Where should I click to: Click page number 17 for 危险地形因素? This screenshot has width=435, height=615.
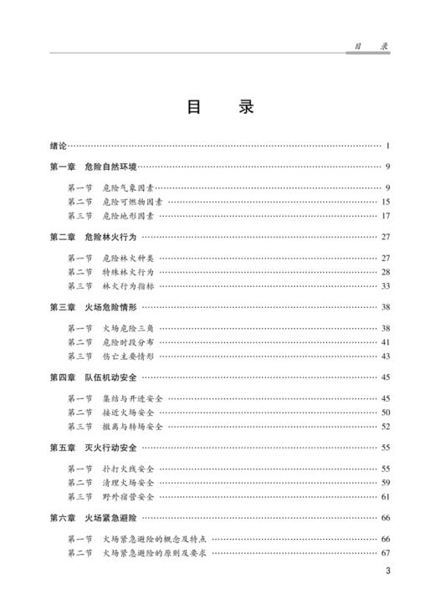[x=386, y=216]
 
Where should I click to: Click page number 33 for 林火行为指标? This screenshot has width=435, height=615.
[x=386, y=286]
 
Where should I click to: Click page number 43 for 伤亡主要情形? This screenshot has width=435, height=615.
[x=386, y=356]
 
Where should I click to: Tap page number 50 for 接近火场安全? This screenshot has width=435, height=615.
[x=386, y=413]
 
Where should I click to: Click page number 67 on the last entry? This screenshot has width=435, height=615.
[x=386, y=553]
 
